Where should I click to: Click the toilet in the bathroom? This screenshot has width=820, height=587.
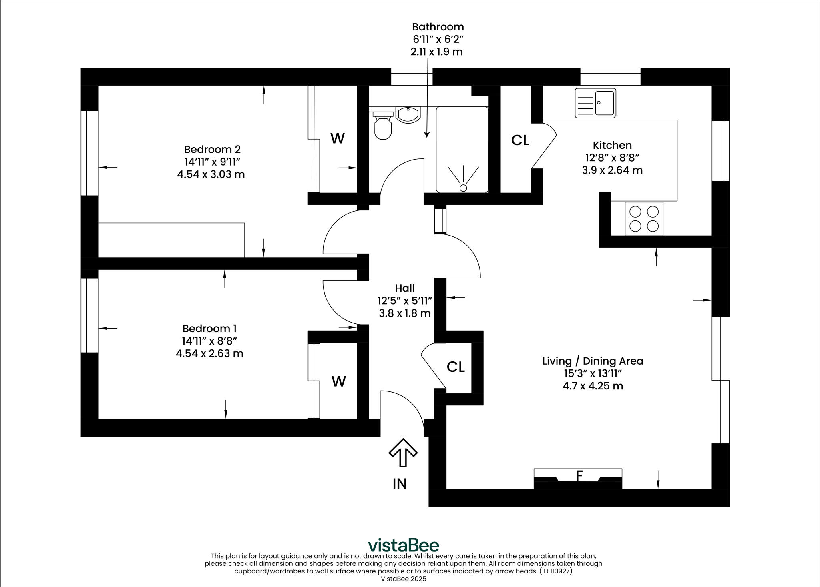[383, 126]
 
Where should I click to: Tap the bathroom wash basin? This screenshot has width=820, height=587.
[408, 114]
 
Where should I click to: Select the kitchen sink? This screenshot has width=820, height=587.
[595, 103]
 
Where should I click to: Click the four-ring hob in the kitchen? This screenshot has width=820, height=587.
[644, 218]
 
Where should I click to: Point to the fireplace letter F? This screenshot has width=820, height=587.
[579, 476]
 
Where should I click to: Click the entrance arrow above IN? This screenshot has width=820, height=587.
[403, 453]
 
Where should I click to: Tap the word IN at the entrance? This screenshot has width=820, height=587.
[400, 484]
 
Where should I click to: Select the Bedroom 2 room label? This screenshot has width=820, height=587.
[212, 150]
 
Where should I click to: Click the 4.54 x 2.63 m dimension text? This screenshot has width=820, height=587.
[209, 353]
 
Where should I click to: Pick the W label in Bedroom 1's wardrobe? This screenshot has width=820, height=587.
[339, 381]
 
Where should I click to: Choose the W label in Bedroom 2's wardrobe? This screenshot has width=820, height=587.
[338, 138]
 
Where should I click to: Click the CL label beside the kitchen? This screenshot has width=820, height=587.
[520, 140]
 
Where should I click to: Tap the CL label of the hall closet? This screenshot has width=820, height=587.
[456, 367]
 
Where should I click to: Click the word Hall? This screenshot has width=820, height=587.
[404, 288]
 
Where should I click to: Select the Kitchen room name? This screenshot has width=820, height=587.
[612, 145]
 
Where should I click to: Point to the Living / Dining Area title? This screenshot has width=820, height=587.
[593, 361]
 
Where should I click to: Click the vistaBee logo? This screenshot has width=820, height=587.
[403, 545]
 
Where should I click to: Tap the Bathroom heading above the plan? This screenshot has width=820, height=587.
[438, 27]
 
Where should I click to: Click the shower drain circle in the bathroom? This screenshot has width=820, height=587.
[463, 188]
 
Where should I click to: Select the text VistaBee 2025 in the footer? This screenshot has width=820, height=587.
[403, 579]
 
